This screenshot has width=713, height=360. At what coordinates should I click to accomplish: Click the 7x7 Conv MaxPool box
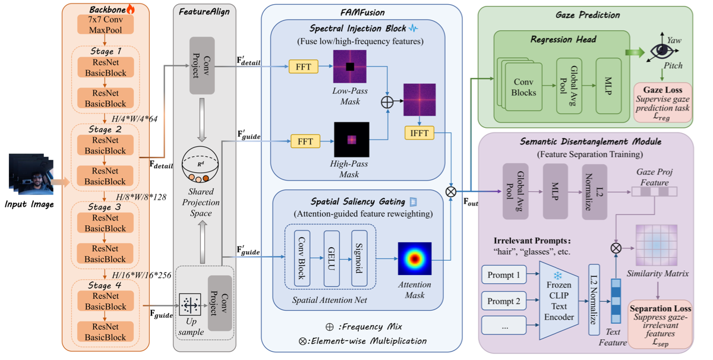105,24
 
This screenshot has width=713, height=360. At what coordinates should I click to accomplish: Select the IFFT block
419,133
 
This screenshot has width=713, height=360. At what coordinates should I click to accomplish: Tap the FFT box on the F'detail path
304,67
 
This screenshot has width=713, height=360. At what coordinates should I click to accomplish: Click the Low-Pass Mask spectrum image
350,67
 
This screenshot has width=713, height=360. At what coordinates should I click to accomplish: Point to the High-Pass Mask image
352,140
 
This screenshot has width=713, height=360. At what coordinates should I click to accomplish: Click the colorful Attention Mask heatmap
415,258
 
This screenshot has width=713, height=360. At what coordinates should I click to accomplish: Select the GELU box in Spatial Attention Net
332,258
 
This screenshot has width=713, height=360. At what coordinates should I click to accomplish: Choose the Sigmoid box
359,258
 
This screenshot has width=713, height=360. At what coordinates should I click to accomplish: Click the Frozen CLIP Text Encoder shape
559,301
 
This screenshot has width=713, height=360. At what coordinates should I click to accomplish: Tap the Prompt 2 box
504,301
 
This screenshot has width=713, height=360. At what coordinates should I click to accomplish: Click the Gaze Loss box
662,103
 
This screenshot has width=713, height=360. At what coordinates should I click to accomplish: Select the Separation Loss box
661,324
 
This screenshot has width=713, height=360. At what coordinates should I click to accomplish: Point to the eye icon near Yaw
661,50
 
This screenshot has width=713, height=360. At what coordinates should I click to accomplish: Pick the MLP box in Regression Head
608,86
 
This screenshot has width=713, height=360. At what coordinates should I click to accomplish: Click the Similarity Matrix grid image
657,245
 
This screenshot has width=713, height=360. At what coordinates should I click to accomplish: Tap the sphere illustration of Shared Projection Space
200,164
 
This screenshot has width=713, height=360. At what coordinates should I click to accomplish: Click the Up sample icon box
190,305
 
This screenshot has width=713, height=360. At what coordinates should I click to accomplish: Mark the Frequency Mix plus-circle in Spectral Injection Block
387,102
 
